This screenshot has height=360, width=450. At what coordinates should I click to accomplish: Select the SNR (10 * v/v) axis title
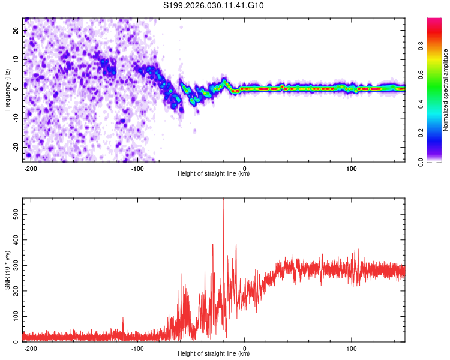(x=7, y=270)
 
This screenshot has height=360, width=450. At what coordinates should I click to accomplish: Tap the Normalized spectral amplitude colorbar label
(x=445, y=90)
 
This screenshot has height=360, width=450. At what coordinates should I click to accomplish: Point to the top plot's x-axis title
(x=214, y=174)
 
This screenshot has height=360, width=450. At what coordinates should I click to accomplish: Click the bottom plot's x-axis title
(x=214, y=354)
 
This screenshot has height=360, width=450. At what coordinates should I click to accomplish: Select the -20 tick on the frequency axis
(x=14, y=147)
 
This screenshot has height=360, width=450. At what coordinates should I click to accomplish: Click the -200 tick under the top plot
(x=31, y=167)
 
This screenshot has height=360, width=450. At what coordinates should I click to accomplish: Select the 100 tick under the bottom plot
(x=351, y=347)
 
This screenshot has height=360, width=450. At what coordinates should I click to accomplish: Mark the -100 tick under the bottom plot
(x=137, y=347)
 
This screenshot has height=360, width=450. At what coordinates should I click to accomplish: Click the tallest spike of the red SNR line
(x=224, y=200)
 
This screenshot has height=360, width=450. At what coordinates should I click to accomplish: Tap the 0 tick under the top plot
(x=244, y=167)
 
